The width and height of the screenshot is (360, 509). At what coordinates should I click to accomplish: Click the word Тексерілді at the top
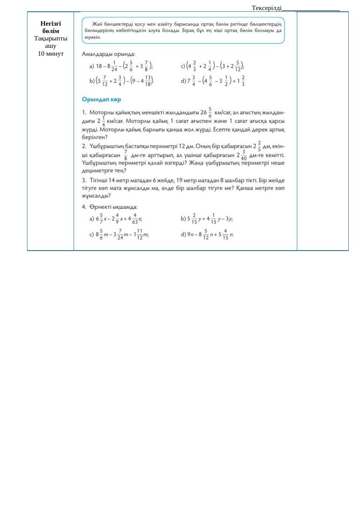[x=266, y=8]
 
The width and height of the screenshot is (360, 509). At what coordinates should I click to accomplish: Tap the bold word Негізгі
[x=50, y=23]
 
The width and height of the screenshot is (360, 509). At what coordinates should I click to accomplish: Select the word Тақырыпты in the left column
[x=50, y=38]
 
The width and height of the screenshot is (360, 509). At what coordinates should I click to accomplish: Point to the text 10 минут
[x=50, y=54]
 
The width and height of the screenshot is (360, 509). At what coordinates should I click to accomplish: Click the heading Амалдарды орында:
[x=108, y=54]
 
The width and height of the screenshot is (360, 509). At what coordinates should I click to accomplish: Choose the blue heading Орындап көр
[x=101, y=100]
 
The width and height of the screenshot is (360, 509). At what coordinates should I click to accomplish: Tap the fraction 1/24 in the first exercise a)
[x=114, y=66]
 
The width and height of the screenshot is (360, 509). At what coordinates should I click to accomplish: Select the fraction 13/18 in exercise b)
[x=148, y=81]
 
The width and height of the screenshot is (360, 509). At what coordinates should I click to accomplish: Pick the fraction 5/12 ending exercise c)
[x=238, y=66]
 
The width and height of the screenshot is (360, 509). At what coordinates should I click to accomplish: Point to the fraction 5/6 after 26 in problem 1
[x=210, y=113]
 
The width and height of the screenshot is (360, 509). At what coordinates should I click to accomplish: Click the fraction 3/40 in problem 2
[x=244, y=155]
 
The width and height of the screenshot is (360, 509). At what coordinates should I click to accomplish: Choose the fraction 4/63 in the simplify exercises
[x=135, y=219]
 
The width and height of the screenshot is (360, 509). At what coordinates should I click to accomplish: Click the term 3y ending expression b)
[x=229, y=219]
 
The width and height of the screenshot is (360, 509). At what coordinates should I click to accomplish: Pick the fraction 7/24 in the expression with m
[x=120, y=234]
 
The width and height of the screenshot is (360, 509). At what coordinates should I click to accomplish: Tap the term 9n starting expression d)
[x=190, y=234]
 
